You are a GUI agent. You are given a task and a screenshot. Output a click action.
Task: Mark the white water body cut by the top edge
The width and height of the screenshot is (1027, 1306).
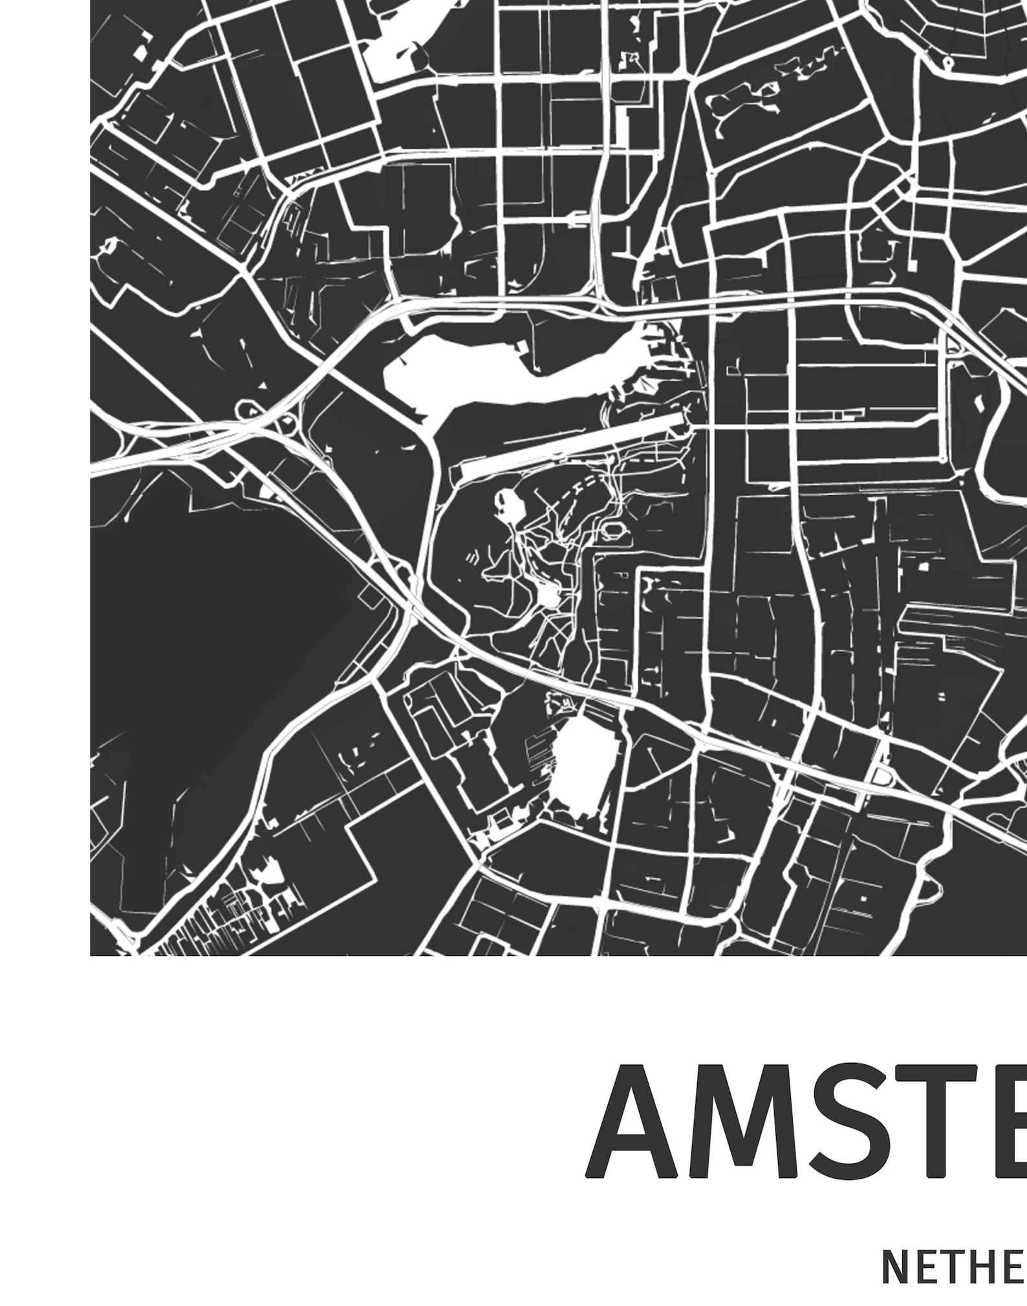tap(414, 39)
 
